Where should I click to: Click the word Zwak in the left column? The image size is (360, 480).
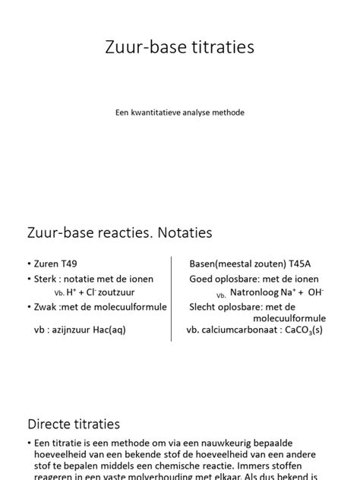[x=46, y=307]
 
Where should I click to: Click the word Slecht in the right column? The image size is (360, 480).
[x=204, y=307]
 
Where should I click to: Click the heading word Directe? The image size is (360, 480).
[x=52, y=424]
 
